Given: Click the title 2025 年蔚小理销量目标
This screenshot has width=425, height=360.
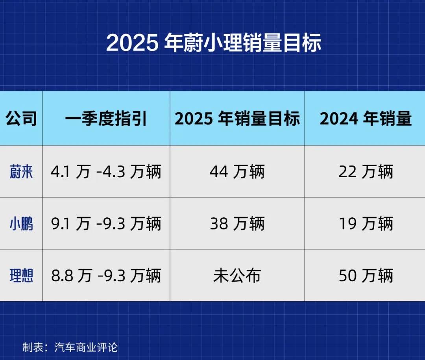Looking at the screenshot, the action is [x=214, y=43].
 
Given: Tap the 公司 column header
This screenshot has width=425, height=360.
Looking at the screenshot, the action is [x=21, y=119].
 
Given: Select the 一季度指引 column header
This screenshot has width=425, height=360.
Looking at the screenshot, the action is [x=106, y=119].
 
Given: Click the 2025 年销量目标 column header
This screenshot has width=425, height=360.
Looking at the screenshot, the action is [x=237, y=119].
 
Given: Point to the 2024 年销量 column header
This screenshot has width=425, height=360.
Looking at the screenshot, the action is [x=365, y=119].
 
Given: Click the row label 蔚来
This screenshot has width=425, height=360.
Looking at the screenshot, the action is [x=21, y=172].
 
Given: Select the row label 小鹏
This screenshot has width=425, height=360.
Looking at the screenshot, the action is [x=21, y=224].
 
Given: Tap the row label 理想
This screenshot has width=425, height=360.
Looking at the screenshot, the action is [x=21, y=276].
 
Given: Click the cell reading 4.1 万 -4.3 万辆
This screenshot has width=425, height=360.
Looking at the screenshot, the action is [x=106, y=172].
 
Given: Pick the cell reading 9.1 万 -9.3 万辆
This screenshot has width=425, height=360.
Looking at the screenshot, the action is [x=106, y=224].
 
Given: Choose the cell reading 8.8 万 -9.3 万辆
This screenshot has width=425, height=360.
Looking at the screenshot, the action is [x=106, y=276].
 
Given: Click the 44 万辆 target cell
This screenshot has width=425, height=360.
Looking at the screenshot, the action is [x=237, y=172].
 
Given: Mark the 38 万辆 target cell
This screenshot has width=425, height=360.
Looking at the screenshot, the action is [x=237, y=224].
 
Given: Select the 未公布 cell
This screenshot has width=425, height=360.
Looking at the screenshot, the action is [x=237, y=276].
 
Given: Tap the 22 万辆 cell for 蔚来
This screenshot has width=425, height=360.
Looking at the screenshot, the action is [x=366, y=172].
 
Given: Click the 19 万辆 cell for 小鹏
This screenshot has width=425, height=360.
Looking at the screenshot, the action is [x=366, y=224].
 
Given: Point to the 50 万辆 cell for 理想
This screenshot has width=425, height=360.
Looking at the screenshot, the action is [x=366, y=276].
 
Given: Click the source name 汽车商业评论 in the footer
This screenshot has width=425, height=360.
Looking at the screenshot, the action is [x=86, y=347].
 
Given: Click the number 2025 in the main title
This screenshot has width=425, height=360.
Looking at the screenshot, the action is [x=132, y=43].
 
